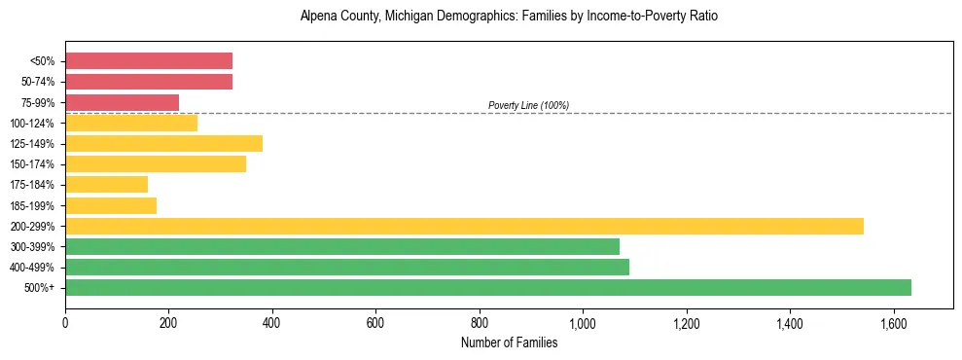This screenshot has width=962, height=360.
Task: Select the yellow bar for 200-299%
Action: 464,226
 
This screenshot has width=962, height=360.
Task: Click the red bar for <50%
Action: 149,60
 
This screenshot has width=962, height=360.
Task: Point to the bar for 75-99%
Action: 122,102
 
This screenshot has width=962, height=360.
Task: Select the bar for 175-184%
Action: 106,184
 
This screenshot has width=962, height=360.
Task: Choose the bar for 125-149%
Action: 163,143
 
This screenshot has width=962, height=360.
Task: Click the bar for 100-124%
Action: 131,123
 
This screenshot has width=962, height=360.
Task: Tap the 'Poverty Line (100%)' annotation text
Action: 528,105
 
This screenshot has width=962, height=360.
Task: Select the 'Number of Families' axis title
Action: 509,342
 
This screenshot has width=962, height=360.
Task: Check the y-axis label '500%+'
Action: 41,288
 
